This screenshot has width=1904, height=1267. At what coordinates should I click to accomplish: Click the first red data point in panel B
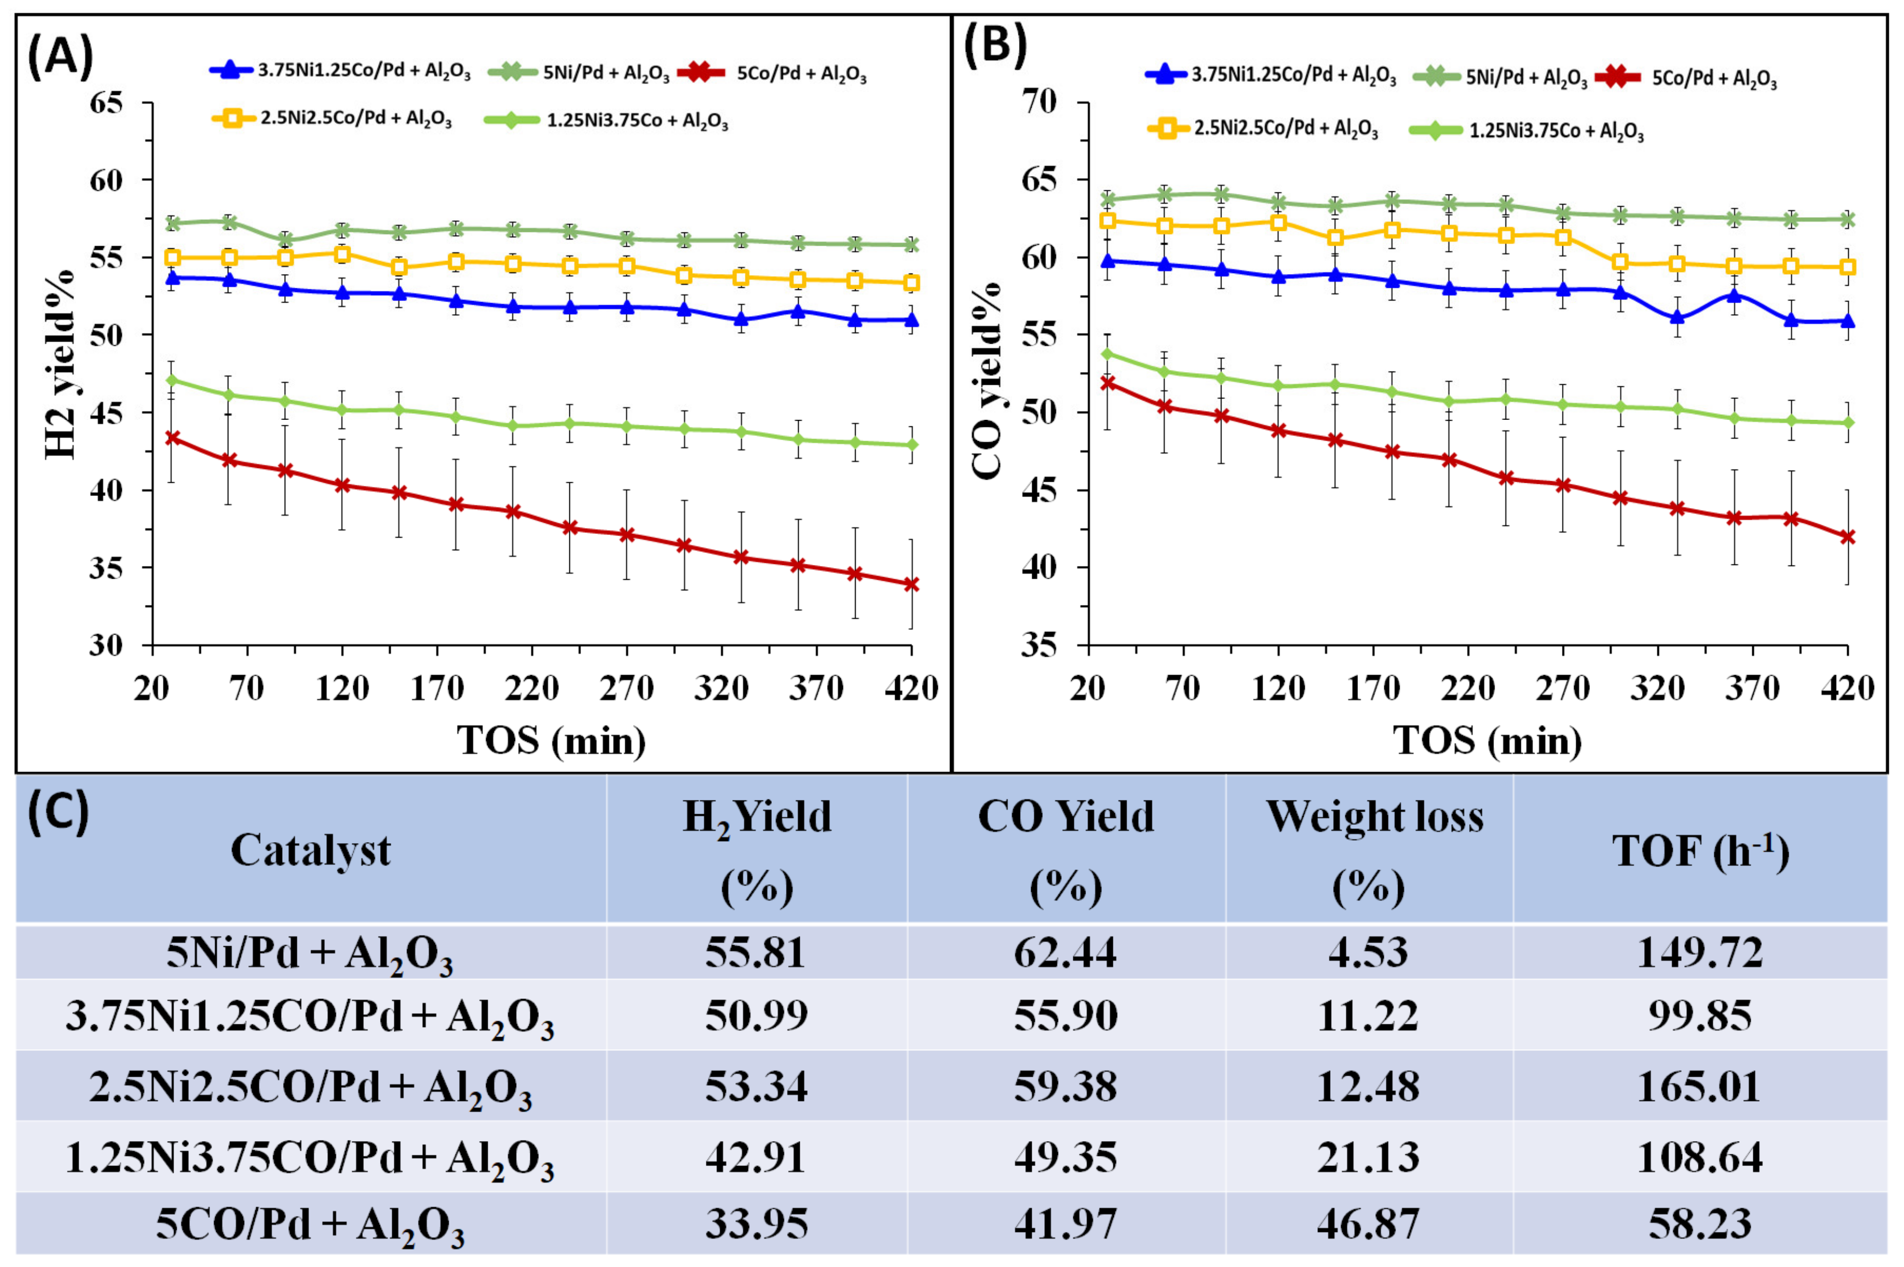coord(1107,382)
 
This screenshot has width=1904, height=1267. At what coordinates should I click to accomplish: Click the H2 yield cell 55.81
coord(755,952)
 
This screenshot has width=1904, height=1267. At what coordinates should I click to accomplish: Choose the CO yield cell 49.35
coord(1066,1156)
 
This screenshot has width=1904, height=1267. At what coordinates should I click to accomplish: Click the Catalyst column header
coord(311,851)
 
